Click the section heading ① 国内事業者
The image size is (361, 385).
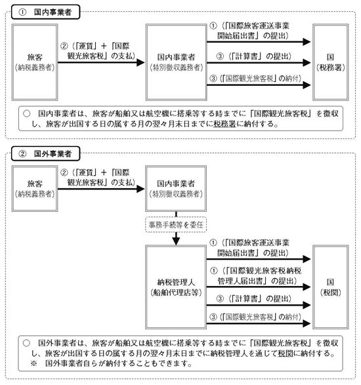[46, 12]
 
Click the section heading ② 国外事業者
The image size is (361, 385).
[46, 153]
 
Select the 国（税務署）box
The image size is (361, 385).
[331, 62]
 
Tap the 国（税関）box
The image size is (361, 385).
[331, 287]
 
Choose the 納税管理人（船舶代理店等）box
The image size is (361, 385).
[176, 287]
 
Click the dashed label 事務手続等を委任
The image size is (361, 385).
[176, 224]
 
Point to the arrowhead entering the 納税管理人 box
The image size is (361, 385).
[176, 241]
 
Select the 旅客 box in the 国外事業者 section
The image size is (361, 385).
[35, 189]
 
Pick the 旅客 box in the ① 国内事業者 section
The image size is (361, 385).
[35, 62]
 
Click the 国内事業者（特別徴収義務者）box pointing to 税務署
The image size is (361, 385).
[176, 62]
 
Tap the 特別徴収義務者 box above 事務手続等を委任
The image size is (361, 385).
[176, 189]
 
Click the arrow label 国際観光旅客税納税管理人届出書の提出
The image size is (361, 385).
[256, 275]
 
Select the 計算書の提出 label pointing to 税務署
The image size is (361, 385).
[253, 56]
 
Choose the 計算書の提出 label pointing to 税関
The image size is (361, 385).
[253, 298]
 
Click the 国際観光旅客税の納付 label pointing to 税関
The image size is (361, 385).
[255, 317]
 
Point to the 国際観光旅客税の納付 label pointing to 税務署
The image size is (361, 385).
[255, 79]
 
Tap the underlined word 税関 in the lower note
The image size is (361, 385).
[286, 354]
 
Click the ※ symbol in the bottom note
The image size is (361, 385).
[33, 363]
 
